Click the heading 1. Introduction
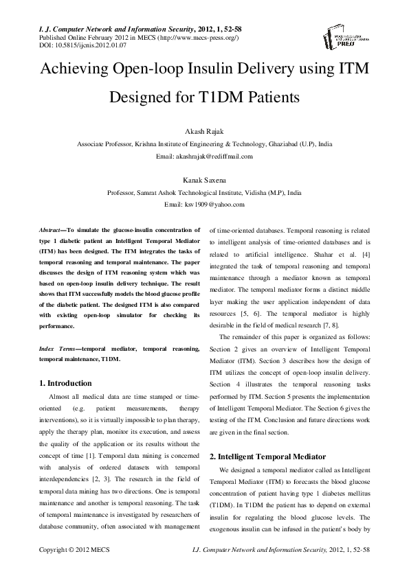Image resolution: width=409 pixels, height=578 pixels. pyautogui.click(x=65, y=382)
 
